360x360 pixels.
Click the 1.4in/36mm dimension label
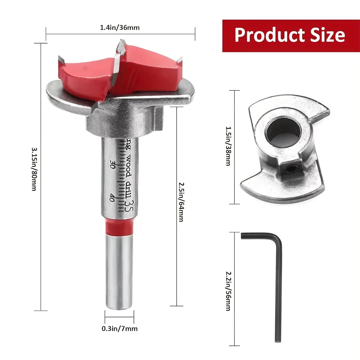120,27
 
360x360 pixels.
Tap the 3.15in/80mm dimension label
34,169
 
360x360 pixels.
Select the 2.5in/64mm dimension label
181,202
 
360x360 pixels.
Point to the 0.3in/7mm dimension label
120,328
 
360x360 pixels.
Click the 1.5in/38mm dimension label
228,146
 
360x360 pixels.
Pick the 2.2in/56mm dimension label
228,291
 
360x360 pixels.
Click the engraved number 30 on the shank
112,164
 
